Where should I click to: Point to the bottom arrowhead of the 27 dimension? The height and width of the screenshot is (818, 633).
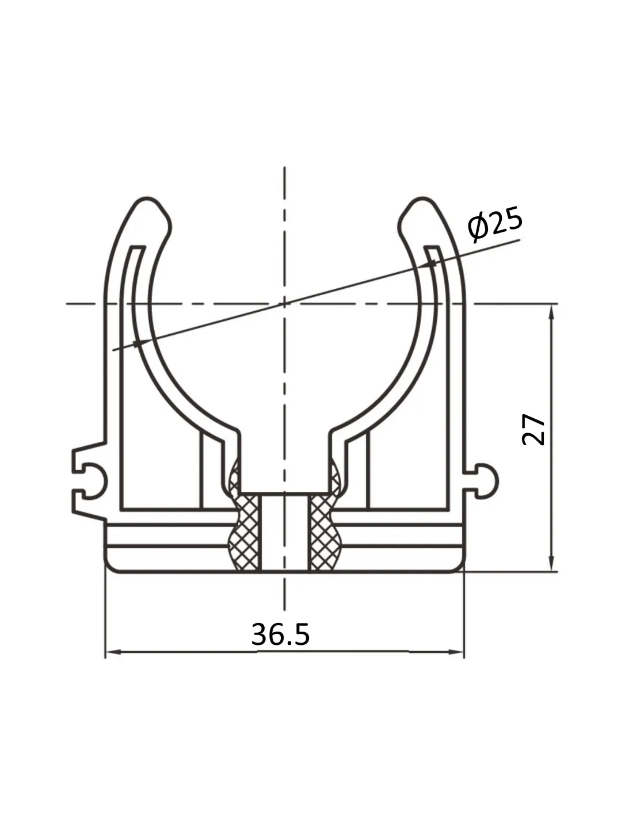click(x=551, y=563)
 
